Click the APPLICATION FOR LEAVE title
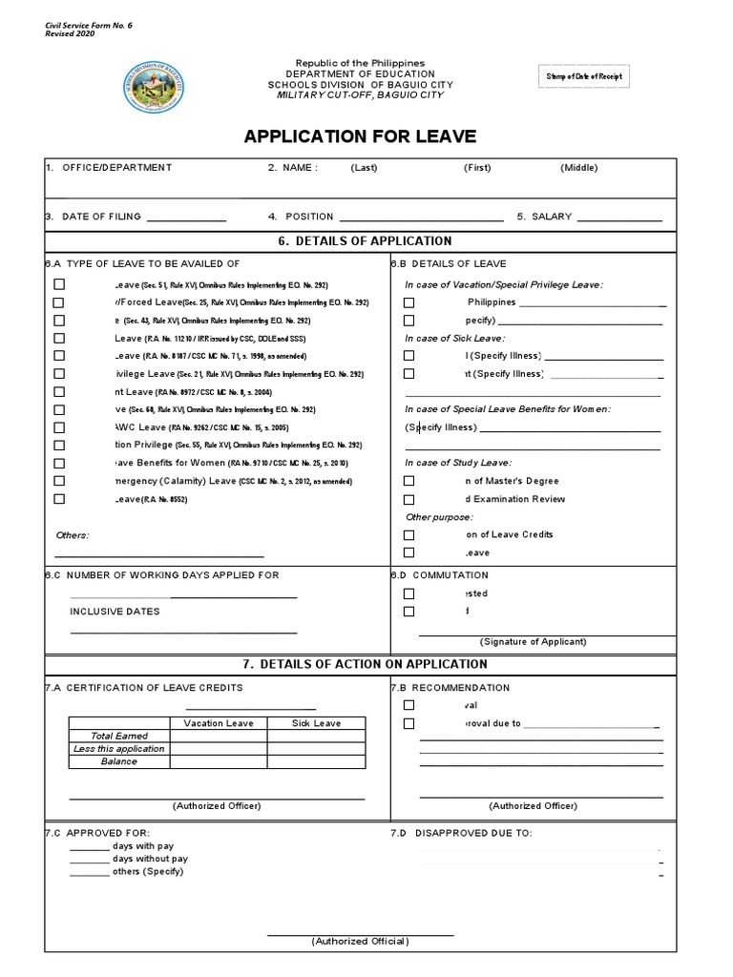click(360, 136)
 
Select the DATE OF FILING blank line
click(186, 219)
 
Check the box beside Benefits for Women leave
click(59, 463)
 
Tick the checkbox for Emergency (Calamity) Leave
click(59, 481)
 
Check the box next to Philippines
click(408, 302)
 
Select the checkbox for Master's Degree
click(408, 482)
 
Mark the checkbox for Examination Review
click(408, 500)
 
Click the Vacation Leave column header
click(219, 723)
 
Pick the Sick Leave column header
click(316, 723)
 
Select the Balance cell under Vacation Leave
click(219, 762)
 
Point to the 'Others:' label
click(73, 535)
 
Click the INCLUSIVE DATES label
click(115, 612)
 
